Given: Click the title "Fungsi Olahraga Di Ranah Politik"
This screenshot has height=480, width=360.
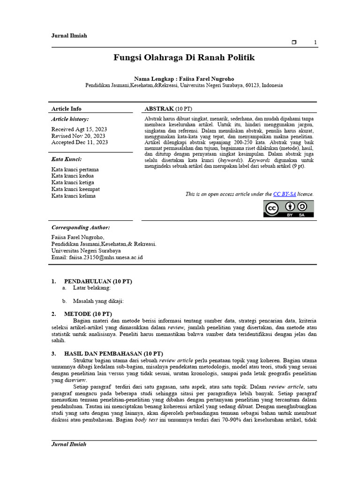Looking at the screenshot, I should click(x=184, y=58).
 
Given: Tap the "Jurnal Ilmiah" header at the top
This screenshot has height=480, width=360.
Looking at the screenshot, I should click(x=69, y=36).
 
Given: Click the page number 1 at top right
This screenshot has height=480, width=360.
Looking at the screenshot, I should click(x=315, y=43).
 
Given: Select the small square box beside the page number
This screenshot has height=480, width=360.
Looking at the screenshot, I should click(x=294, y=43).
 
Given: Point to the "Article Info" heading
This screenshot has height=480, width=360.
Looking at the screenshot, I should click(x=66, y=109).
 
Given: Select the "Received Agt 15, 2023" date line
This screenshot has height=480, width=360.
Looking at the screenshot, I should click(x=79, y=129).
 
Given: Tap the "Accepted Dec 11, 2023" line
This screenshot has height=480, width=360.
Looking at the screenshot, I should click(x=80, y=142).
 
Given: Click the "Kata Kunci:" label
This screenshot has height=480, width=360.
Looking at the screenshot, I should click(x=67, y=159).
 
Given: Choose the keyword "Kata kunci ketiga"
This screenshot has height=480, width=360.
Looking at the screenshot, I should click(x=73, y=182).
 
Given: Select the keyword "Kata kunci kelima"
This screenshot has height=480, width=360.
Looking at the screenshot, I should click(x=74, y=196).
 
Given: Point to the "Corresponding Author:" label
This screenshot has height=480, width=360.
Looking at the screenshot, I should click(x=81, y=227).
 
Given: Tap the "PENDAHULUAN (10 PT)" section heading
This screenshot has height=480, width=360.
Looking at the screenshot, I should click(x=98, y=281).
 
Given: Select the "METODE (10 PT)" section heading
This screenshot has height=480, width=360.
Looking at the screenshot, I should click(x=88, y=314).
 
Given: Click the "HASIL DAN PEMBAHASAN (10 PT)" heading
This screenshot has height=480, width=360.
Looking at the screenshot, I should click(x=113, y=353).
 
